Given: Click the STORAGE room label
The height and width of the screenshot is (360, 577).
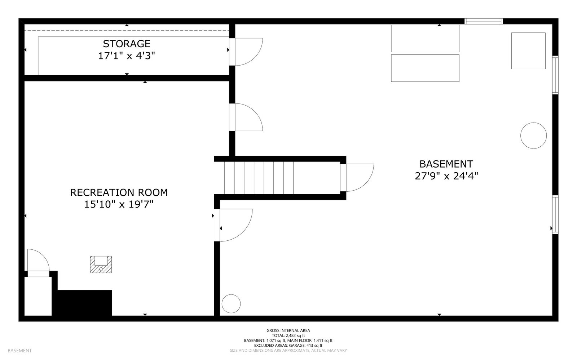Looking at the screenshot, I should [x=127, y=44].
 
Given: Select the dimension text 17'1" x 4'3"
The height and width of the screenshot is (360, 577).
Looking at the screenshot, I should [x=127, y=56].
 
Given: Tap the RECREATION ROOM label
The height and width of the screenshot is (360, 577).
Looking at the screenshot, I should [x=119, y=192].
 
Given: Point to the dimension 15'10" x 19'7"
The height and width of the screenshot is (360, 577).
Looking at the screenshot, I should [x=119, y=204].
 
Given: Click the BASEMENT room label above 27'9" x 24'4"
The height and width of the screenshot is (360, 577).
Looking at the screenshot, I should [x=446, y=164].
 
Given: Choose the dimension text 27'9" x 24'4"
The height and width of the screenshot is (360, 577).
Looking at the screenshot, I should [x=446, y=176].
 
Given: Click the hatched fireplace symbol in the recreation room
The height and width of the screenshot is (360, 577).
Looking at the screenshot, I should [x=101, y=265].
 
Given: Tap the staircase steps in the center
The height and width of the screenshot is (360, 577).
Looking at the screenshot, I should [x=259, y=178].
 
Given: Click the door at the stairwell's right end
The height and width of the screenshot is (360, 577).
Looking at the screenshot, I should [x=357, y=178].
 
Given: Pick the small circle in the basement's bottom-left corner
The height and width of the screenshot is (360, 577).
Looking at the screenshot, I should [x=231, y=304].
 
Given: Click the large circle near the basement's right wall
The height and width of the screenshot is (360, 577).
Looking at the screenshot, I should [x=533, y=135].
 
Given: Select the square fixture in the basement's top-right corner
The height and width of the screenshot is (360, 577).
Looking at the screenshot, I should [x=528, y=51].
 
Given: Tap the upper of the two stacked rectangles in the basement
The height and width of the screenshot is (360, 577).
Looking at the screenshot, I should [x=425, y=39].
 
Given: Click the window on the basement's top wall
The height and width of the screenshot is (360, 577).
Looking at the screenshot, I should [x=483, y=21].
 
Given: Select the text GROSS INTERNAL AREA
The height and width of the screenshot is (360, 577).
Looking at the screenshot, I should [x=288, y=330].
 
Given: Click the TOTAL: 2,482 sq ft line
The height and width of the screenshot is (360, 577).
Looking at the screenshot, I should [x=288, y=335].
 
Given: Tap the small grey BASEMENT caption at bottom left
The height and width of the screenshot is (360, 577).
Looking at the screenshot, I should [x=19, y=350].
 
